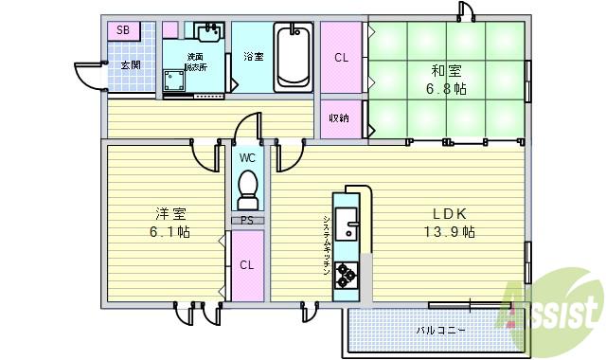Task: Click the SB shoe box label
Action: click(x=123, y=30)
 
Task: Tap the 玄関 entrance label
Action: click(x=130, y=64)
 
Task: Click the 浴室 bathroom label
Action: click(x=253, y=57)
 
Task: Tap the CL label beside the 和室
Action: click(x=341, y=58)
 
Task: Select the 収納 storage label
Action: click(x=339, y=118)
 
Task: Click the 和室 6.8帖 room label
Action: click(x=446, y=80)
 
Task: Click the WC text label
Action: click(x=247, y=157)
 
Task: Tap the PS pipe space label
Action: click(x=247, y=221)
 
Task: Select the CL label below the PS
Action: click(x=246, y=265)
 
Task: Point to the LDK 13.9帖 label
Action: click(x=449, y=223)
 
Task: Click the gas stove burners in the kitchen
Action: click(x=346, y=275)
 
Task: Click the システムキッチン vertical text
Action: click(x=326, y=244)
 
